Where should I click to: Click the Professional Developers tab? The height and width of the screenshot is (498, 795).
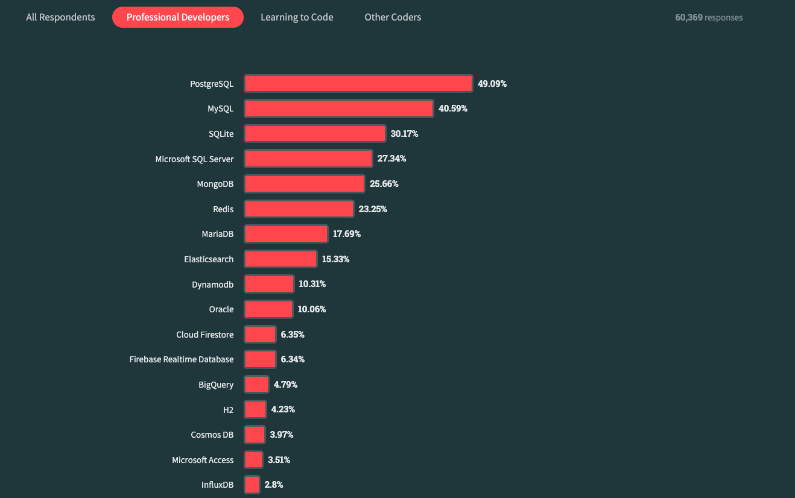(x=178, y=17)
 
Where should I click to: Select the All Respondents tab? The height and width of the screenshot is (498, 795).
(x=60, y=17)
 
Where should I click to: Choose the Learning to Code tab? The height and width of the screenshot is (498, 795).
(x=297, y=17)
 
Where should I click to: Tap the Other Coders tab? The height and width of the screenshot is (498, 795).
(x=393, y=17)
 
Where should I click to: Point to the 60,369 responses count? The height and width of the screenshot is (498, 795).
(x=709, y=17)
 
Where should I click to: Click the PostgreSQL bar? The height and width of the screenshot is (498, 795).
(x=358, y=84)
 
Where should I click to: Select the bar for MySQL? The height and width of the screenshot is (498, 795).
(x=339, y=109)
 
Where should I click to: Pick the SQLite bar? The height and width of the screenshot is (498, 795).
(x=315, y=134)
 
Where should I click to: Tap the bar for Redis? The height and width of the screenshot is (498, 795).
(x=299, y=209)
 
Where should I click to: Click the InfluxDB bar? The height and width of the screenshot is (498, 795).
(x=252, y=485)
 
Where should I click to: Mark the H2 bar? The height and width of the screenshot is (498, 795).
(x=255, y=409)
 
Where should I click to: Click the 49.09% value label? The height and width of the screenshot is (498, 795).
(x=492, y=84)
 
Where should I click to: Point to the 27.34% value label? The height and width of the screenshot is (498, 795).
(x=391, y=159)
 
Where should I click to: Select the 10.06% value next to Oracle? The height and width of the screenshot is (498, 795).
(x=312, y=309)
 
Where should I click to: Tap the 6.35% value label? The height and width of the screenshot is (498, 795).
(x=293, y=334)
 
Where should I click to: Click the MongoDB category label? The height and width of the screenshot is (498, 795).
(x=215, y=184)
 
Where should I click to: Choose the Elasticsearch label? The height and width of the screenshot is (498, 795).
(x=209, y=259)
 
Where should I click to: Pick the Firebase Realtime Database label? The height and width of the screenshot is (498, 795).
(x=182, y=359)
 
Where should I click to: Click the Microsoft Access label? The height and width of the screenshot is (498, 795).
(x=203, y=460)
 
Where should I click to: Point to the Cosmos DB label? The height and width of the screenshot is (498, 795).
(x=212, y=435)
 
